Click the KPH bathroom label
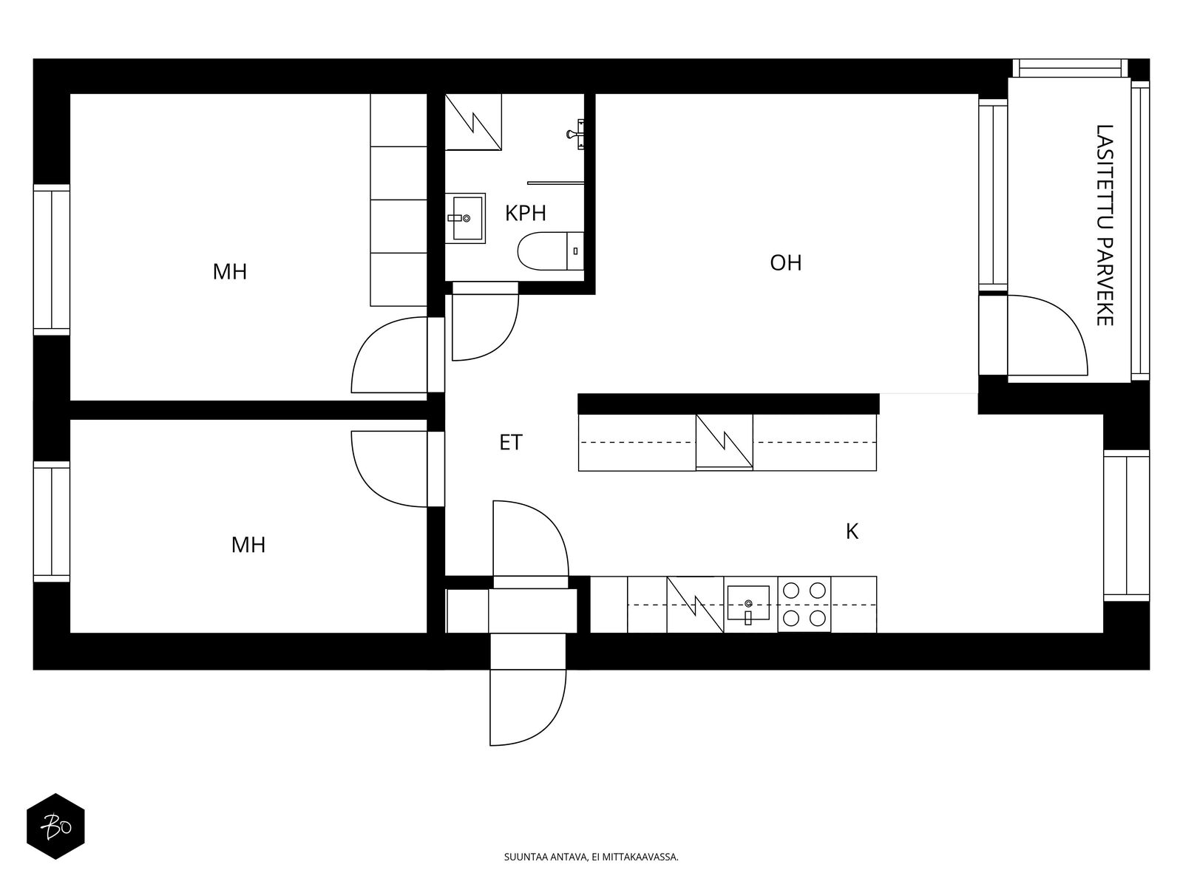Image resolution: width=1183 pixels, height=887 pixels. [526, 214]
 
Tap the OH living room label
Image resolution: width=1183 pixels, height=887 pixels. [786, 263]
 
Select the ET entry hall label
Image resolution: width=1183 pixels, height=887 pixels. [511, 442]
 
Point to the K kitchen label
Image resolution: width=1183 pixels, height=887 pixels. [852, 531]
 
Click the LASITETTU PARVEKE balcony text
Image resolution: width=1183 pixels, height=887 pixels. [1105, 225]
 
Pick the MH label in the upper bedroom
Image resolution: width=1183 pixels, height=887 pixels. [230, 272]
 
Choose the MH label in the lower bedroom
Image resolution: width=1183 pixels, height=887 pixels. [248, 545]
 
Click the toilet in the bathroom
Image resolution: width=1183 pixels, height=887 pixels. [550, 251]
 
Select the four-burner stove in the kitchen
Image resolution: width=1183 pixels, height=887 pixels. [804, 604]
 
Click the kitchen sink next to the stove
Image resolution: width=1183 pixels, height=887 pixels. [748, 604]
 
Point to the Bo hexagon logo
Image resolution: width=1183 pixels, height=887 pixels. [55, 826]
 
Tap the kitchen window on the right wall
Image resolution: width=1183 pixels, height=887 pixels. [1126, 525]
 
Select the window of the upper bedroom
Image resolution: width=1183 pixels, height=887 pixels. [52, 259]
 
